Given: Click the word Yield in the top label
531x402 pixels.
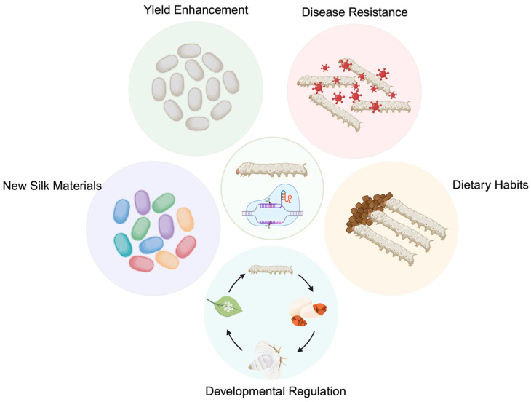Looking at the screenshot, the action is tap(157, 10).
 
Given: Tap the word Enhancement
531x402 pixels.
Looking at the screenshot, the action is tap(212, 9).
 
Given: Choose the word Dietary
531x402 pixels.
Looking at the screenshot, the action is tap(471, 185).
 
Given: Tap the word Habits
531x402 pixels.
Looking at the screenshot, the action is tap(511, 185).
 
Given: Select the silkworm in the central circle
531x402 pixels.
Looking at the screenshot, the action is tap(272, 169).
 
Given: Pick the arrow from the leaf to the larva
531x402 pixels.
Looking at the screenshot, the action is tap(236, 282).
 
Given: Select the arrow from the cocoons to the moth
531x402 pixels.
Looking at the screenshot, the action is tap(307, 343).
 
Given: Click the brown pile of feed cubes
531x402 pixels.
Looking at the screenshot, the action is tap(368, 212).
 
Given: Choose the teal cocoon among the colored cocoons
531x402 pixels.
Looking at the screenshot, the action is tap(123, 245).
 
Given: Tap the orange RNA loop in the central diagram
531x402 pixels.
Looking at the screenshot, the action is tap(289, 197).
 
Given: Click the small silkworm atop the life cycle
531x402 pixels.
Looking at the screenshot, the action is tap(271, 269).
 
